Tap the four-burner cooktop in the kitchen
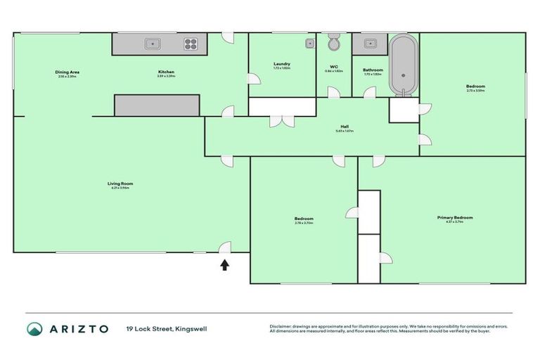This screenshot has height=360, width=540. pos(191,44)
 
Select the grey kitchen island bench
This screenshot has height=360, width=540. pos(157,105)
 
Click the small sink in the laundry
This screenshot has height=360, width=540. pos(309,43)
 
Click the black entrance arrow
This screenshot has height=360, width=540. pos(225,265)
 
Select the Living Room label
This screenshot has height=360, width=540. pos(122,184)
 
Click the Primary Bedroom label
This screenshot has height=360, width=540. pos(455,217)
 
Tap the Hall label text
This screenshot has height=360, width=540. pos(345,127)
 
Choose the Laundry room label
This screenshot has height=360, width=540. pos(282,65)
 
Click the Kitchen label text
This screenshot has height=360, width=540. pos(166,72)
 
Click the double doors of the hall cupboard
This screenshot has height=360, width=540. pos(283,121)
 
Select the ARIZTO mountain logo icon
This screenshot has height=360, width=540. pos(35,328)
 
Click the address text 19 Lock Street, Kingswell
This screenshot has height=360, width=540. pos(167,328)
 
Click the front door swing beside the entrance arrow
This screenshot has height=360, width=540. pos(224,247)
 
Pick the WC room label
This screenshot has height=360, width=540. pos(334,67)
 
